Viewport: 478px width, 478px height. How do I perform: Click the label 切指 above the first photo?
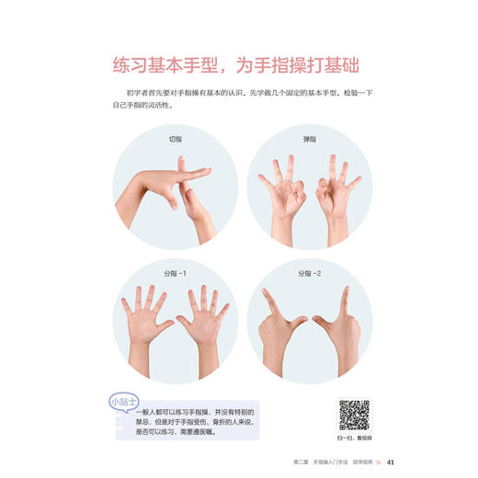tap(175, 139)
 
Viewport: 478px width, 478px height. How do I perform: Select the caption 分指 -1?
tap(175, 273)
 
